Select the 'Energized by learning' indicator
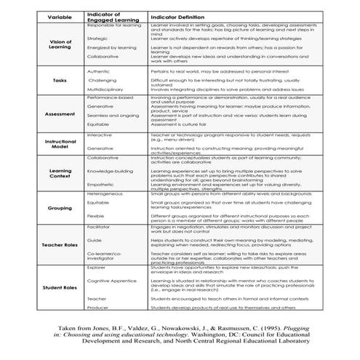111,47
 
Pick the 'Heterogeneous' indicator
106,194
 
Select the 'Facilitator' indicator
100,227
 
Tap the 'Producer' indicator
98,308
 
